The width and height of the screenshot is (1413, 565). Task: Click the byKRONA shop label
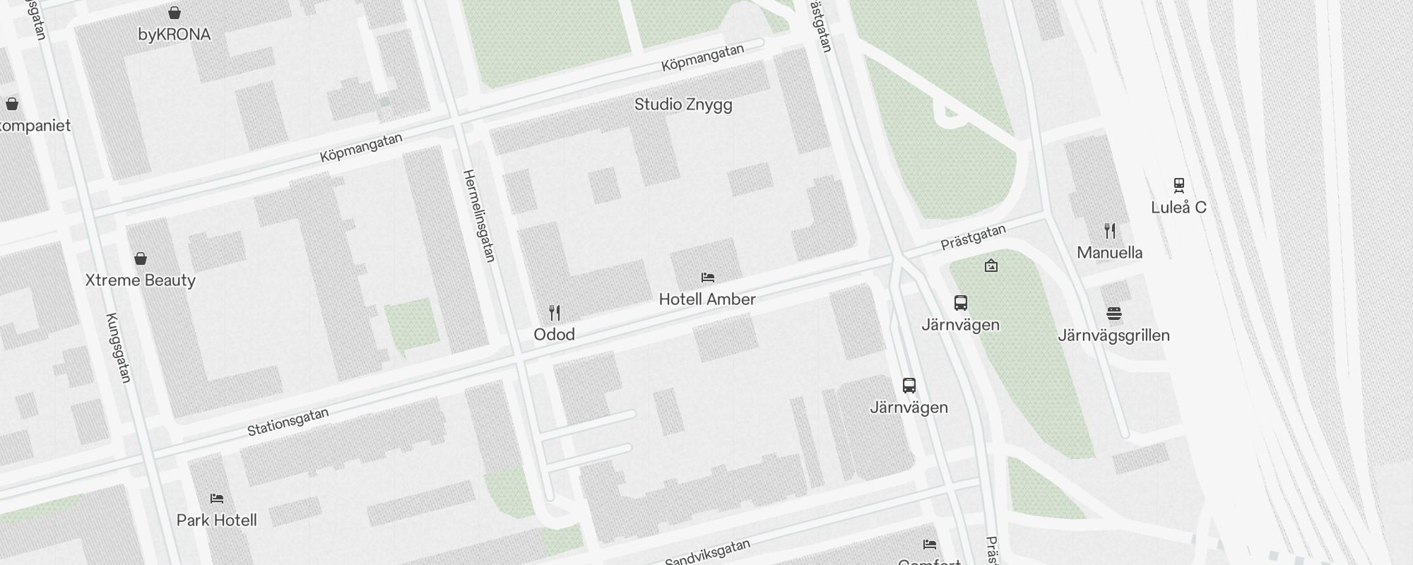(x=174, y=35)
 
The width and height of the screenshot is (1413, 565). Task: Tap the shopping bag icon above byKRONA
(x=174, y=13)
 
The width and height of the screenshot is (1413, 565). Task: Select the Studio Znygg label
(x=682, y=105)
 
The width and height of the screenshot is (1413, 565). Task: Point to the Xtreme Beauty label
(x=140, y=280)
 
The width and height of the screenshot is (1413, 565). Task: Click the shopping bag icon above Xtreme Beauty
(x=141, y=258)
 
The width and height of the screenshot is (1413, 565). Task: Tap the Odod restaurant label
(x=554, y=334)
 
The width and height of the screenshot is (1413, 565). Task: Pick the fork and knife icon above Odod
(x=555, y=313)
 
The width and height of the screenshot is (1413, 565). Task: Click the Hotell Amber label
(x=707, y=299)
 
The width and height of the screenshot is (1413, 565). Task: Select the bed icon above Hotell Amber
(x=708, y=278)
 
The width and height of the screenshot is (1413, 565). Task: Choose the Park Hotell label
(x=216, y=521)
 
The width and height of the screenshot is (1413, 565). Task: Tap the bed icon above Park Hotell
(x=217, y=499)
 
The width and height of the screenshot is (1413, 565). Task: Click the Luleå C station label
(x=1178, y=208)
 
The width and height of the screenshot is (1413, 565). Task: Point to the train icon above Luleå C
(x=1178, y=185)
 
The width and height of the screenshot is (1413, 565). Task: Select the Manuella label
(x=1109, y=253)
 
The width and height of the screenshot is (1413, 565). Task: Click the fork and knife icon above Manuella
(x=1110, y=230)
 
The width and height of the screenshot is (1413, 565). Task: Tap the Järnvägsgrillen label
(x=1113, y=335)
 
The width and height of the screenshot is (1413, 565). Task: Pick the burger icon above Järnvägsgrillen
(x=1114, y=314)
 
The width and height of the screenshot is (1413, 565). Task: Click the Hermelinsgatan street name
(x=479, y=215)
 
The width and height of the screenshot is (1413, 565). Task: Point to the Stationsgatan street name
(x=288, y=422)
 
